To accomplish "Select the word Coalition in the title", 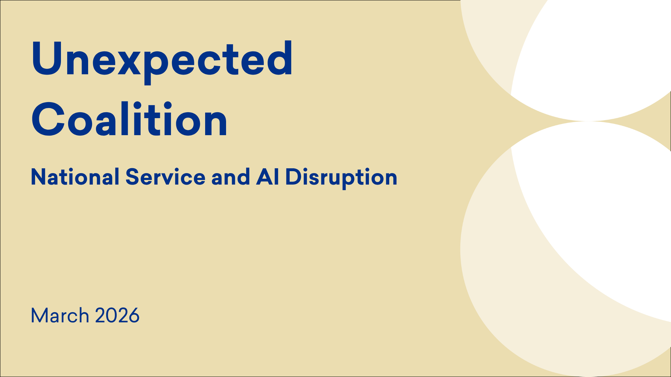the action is click(129, 119).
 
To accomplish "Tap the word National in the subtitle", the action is click(75, 177).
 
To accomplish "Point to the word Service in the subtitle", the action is click(165, 177).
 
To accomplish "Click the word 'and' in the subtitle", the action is click(231, 177).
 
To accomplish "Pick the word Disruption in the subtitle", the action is click(341, 178).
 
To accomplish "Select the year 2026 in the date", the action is click(117, 315).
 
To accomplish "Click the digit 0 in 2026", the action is click(112, 315).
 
